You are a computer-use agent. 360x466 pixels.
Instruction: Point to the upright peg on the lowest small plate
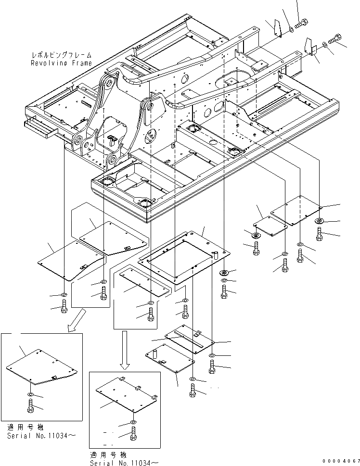click(156, 354)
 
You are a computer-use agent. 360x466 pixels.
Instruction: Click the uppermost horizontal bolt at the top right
click(301, 23)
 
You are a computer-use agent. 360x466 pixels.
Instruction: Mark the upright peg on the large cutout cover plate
click(215, 253)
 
